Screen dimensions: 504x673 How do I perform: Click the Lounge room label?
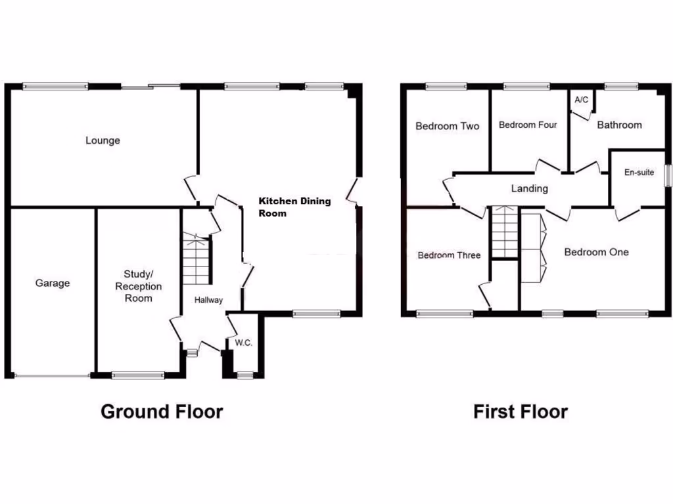[103, 140]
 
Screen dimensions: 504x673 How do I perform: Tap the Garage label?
[53, 283]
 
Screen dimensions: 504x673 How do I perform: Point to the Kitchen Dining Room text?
[294, 207]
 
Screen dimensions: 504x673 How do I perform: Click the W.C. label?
[243, 343]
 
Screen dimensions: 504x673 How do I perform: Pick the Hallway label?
[208, 300]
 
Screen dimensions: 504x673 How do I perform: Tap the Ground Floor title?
[162, 411]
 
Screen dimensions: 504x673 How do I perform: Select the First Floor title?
[521, 411]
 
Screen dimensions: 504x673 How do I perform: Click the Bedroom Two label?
[447, 126]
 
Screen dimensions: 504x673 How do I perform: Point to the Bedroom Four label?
[528, 125]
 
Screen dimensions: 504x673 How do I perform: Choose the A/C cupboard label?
[581, 100]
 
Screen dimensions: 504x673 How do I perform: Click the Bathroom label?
[619, 125]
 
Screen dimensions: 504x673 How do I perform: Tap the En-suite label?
[639, 173]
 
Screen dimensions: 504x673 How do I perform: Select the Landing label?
[530, 188]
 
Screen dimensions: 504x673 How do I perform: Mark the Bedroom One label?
[596, 252]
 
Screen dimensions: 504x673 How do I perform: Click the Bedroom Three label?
[449, 255]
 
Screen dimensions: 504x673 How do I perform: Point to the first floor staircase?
[505, 232]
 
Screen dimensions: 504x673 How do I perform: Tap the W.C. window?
[245, 375]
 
